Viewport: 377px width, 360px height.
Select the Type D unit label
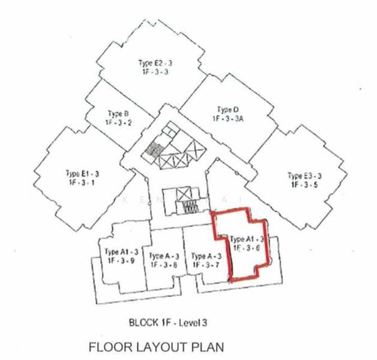[228, 110]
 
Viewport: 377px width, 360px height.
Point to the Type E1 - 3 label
[82, 174]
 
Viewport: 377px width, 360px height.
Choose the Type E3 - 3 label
[304, 176]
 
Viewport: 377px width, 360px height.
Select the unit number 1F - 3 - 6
[246, 247]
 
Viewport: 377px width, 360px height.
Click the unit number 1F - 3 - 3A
[228, 119]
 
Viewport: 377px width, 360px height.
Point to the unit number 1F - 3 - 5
[304, 185]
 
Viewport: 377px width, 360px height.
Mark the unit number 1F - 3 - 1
[82, 183]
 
